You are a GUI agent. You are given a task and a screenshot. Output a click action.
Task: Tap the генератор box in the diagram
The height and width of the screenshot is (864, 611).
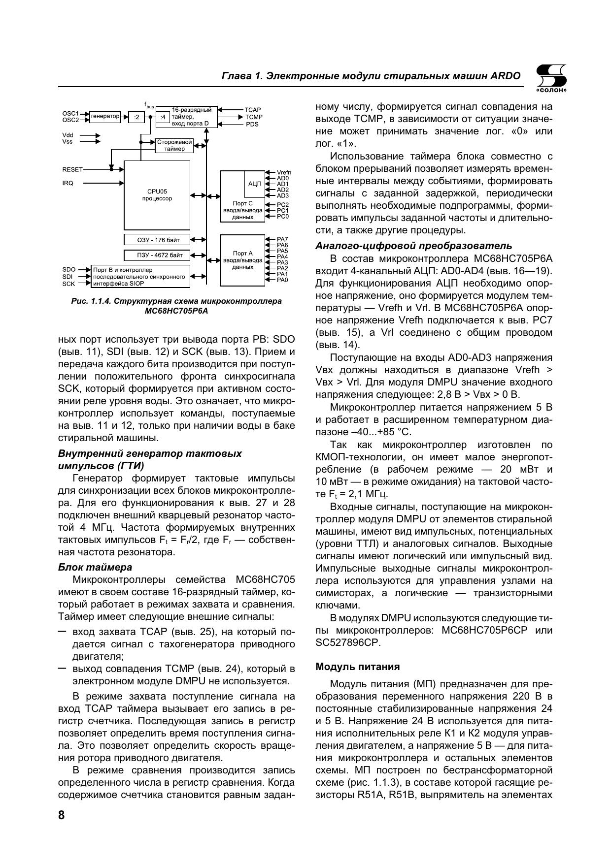(x=105, y=117)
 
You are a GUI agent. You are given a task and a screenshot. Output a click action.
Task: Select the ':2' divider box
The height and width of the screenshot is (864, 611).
(x=136, y=117)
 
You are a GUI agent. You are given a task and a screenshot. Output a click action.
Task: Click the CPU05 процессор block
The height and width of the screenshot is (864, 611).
(x=157, y=195)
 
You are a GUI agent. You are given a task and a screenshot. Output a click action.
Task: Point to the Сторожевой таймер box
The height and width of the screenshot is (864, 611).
(x=174, y=145)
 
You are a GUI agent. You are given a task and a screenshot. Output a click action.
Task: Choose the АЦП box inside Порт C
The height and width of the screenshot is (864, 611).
(x=254, y=184)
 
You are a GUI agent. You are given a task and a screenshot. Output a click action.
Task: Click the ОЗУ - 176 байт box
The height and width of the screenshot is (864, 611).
(x=157, y=240)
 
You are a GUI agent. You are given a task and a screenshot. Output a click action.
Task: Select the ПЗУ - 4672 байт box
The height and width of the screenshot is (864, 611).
(x=157, y=255)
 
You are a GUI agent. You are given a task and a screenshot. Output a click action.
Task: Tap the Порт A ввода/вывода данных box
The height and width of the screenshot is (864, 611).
(x=242, y=260)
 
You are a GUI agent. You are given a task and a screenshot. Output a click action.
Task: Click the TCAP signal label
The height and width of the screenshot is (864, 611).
(x=252, y=110)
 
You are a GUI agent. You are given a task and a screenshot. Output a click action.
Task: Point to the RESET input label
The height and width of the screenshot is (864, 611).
(x=72, y=169)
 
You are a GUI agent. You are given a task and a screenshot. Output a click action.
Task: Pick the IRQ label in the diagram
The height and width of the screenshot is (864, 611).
(x=68, y=183)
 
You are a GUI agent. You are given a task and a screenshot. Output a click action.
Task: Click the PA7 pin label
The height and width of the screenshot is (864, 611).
(x=282, y=239)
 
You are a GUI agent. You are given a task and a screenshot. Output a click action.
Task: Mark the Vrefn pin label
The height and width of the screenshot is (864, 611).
(x=284, y=172)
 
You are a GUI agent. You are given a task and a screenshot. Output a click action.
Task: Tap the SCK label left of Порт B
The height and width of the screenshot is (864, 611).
(x=68, y=284)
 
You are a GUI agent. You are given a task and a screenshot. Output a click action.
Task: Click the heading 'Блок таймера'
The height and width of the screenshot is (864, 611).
(x=95, y=567)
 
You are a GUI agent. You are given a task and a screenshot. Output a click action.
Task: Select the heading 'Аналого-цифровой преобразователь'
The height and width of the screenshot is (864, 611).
(x=413, y=246)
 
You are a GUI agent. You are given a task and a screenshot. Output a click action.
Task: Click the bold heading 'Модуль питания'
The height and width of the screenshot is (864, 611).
(x=357, y=667)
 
